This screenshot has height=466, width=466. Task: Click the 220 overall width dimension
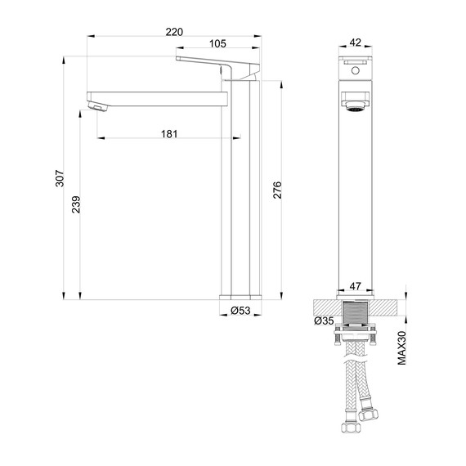(x=173, y=31)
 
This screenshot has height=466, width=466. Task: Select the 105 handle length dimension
(x=217, y=45)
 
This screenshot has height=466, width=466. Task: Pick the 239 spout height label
(x=75, y=206)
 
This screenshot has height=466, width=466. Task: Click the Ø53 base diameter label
(x=240, y=311)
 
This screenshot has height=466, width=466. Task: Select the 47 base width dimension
(x=355, y=286)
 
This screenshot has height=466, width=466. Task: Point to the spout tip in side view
(x=96, y=106)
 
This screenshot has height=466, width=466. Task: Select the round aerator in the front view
(x=355, y=107)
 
